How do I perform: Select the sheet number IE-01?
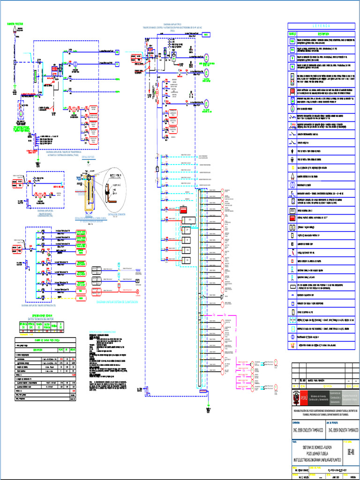point(351,452)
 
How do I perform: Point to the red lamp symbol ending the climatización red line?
point(138,291)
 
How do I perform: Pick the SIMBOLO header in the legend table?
point(291,34)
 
